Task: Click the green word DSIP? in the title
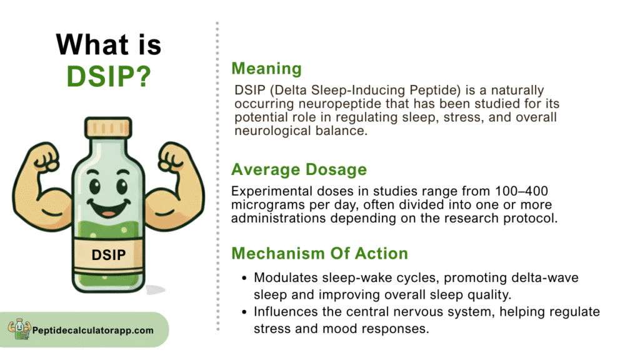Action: coord(109,76)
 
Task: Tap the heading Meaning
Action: coord(266,69)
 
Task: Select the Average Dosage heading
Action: coord(299,169)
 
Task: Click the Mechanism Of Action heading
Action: coord(319,254)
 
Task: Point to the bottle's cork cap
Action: coord(108,127)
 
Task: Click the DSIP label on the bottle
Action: coord(109,255)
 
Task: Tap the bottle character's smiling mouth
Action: coord(109,207)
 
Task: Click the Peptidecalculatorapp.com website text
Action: coord(93,331)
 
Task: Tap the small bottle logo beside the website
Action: coord(19,329)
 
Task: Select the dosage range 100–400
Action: coord(522,191)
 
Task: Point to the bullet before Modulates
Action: coord(244,278)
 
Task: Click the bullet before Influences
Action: coord(244,312)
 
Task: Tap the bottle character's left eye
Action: coord(95,186)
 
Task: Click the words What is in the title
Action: coord(109,44)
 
